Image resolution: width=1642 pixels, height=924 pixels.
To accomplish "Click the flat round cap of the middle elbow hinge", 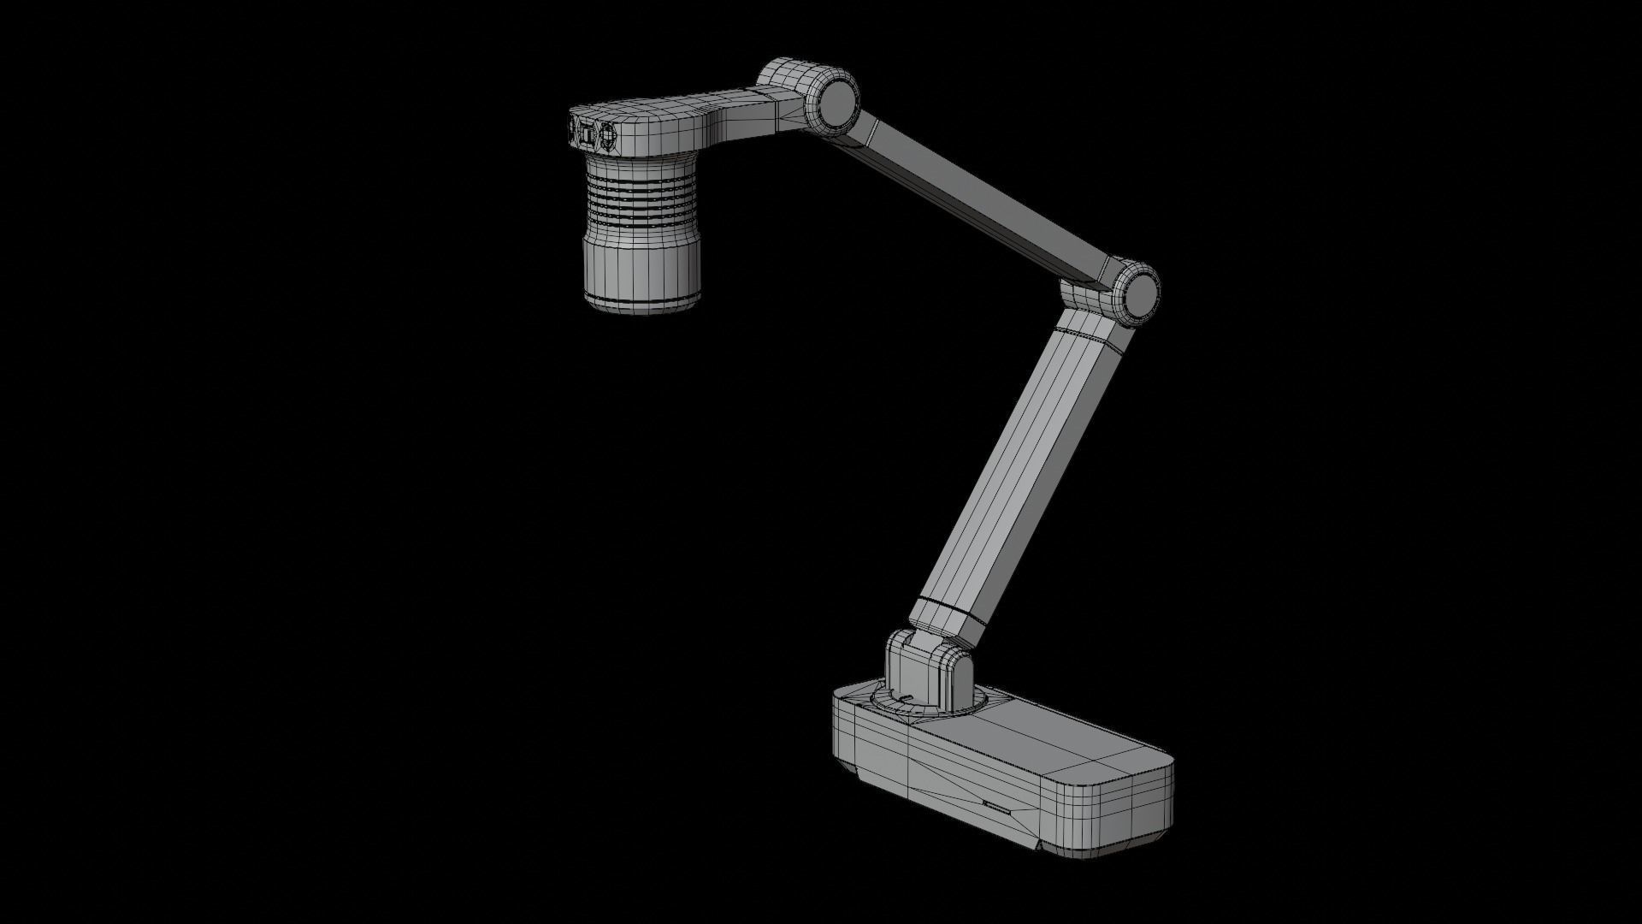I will coord(1140,291).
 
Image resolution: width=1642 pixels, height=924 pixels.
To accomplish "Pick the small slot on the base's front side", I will coord(997,806).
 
